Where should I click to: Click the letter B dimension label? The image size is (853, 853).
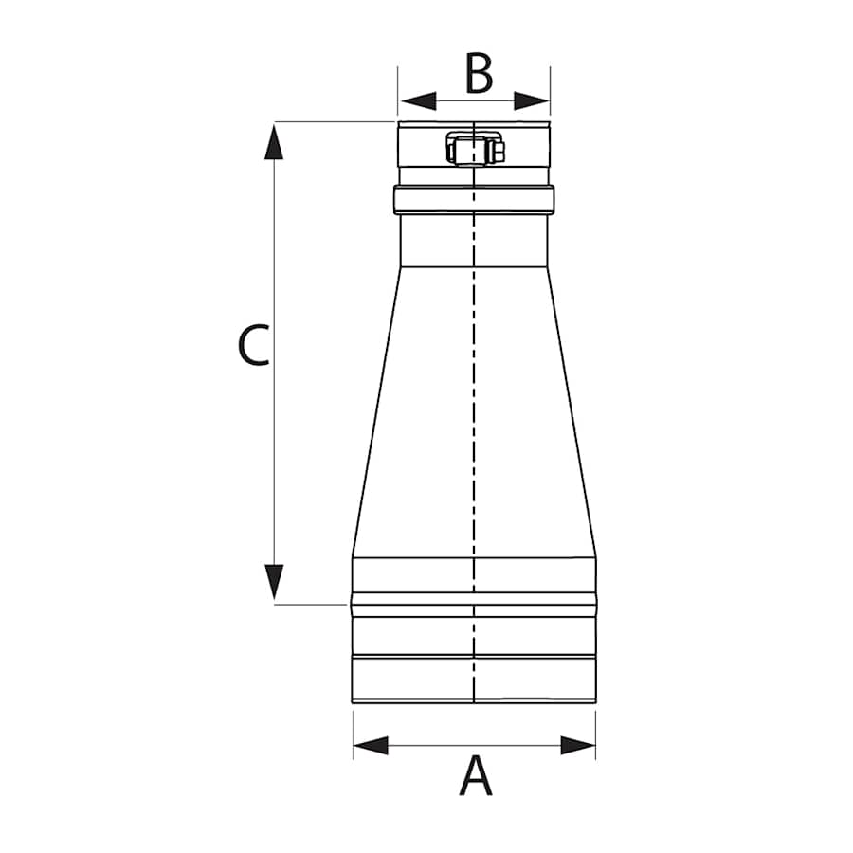(x=479, y=75)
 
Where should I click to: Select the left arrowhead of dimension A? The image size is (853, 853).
(x=371, y=745)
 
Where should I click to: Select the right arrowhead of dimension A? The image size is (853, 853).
(x=578, y=745)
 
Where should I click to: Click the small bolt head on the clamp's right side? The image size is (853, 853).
(x=499, y=151)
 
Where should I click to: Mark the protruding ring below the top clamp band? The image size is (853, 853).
(x=474, y=199)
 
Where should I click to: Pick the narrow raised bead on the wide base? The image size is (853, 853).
(x=474, y=599)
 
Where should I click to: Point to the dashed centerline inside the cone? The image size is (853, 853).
(x=473, y=417)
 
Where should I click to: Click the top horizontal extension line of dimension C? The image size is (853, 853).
(x=332, y=121)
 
